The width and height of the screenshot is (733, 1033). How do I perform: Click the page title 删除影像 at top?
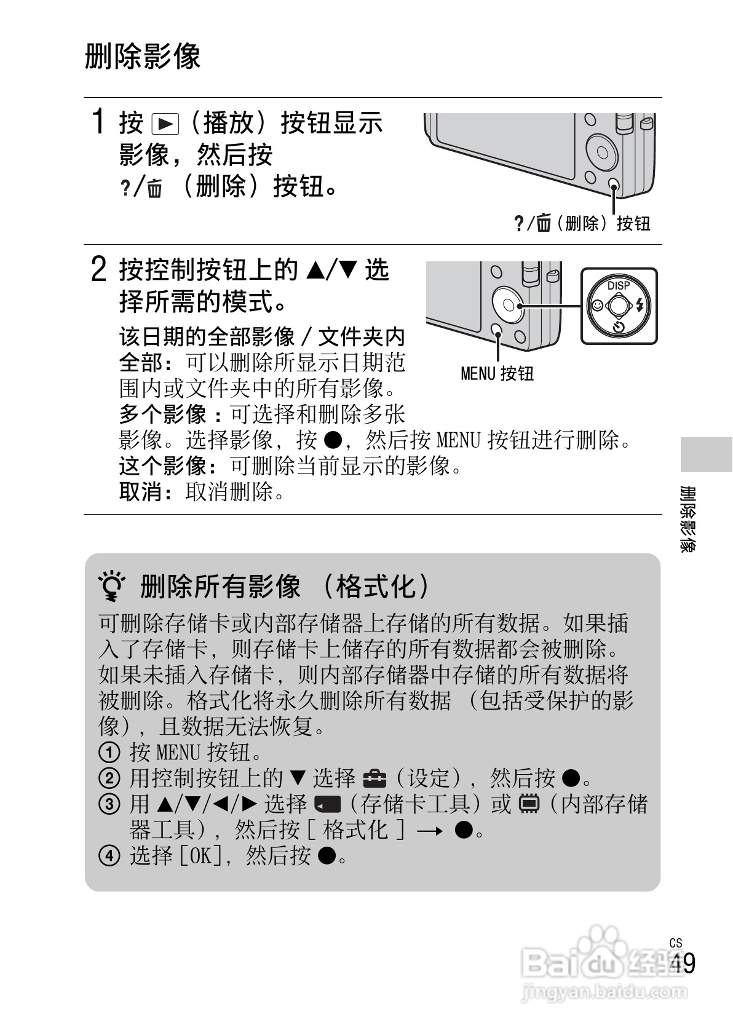click(143, 57)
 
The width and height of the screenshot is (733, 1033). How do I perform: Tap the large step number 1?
click(97, 121)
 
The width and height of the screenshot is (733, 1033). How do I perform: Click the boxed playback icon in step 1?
click(164, 124)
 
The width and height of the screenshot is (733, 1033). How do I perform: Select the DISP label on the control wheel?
click(619, 285)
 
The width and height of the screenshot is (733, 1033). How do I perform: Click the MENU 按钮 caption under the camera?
click(497, 373)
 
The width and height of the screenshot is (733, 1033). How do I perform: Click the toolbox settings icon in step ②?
click(374, 779)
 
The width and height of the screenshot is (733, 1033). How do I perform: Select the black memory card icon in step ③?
click(327, 804)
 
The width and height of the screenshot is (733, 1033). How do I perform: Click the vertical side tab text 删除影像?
click(688, 519)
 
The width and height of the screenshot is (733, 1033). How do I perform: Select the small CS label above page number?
click(676, 943)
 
